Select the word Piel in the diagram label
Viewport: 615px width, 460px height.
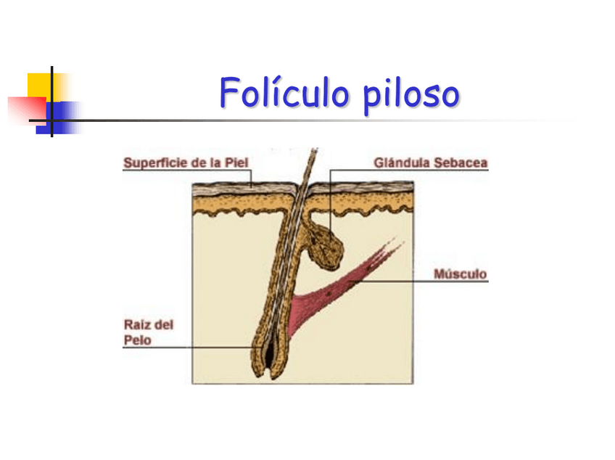tap(237, 163)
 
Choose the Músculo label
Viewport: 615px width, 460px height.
tap(461, 274)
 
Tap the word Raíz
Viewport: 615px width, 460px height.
tap(138, 325)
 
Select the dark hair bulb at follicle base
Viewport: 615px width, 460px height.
tap(269, 356)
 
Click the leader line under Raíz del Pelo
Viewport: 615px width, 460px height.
tap(189, 348)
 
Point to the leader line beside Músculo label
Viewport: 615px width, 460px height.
tap(413, 282)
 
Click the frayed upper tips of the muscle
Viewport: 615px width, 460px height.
tap(388, 245)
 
